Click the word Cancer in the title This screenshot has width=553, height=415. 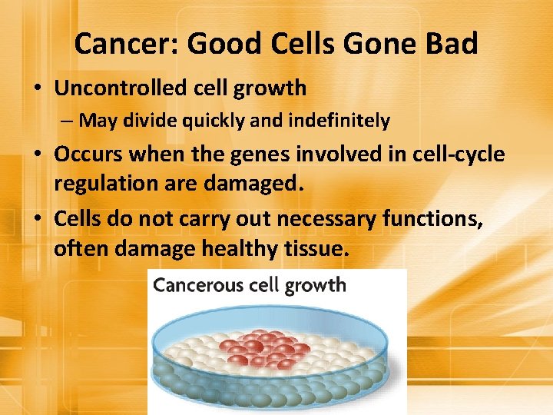[x=124, y=44]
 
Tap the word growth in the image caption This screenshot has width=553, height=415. [x=315, y=286]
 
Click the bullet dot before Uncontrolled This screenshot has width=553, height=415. [x=38, y=89]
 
